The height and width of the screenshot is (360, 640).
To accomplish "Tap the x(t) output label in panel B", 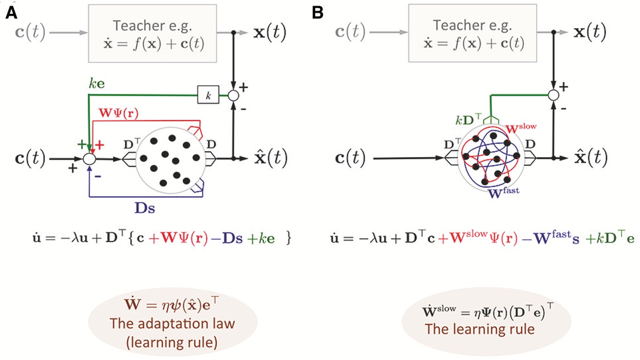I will (585, 33).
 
